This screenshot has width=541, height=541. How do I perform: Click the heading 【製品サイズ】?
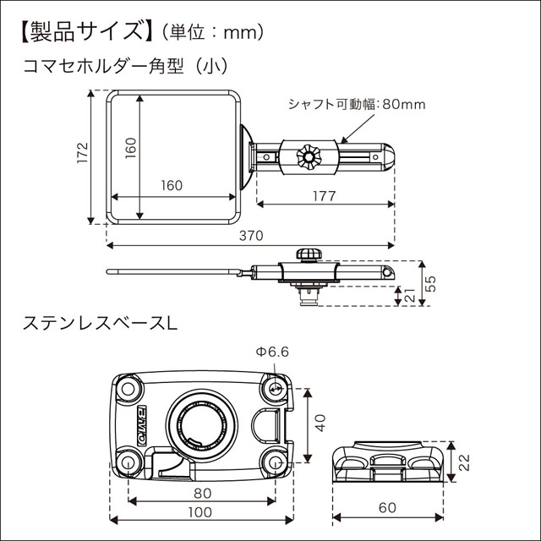coord(81,32)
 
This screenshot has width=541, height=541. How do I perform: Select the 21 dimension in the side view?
coord(409,295)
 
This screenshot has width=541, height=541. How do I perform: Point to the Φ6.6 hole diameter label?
coord(273,352)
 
